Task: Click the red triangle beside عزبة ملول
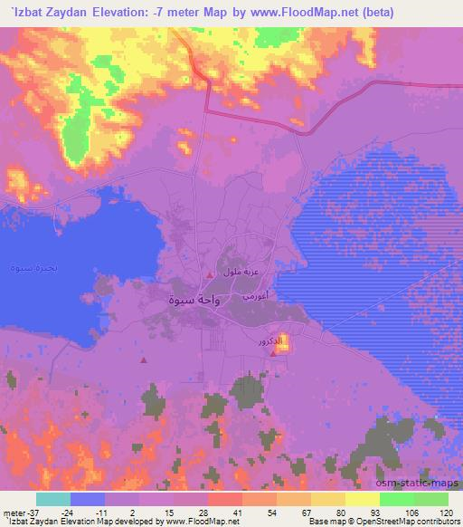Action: pos(210,274)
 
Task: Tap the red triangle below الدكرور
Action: pos(273,353)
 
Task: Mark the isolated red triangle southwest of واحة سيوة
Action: pos(142,360)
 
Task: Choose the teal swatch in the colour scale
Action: pos(52,498)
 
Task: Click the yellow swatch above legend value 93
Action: pos(362,498)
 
